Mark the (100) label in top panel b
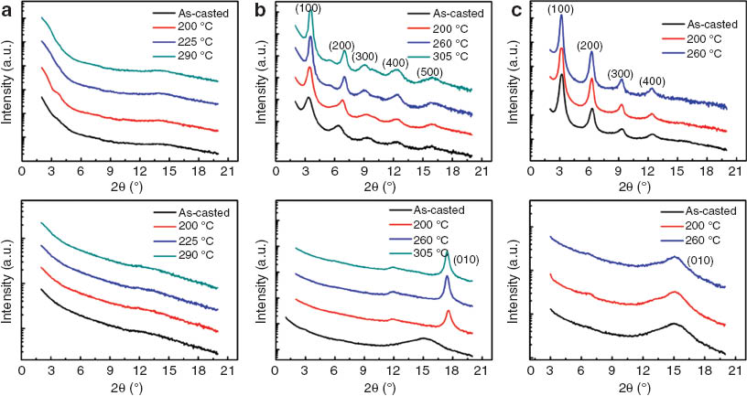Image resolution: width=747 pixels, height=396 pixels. pos(309,8)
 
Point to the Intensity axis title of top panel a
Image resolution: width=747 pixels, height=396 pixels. pos(9,87)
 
